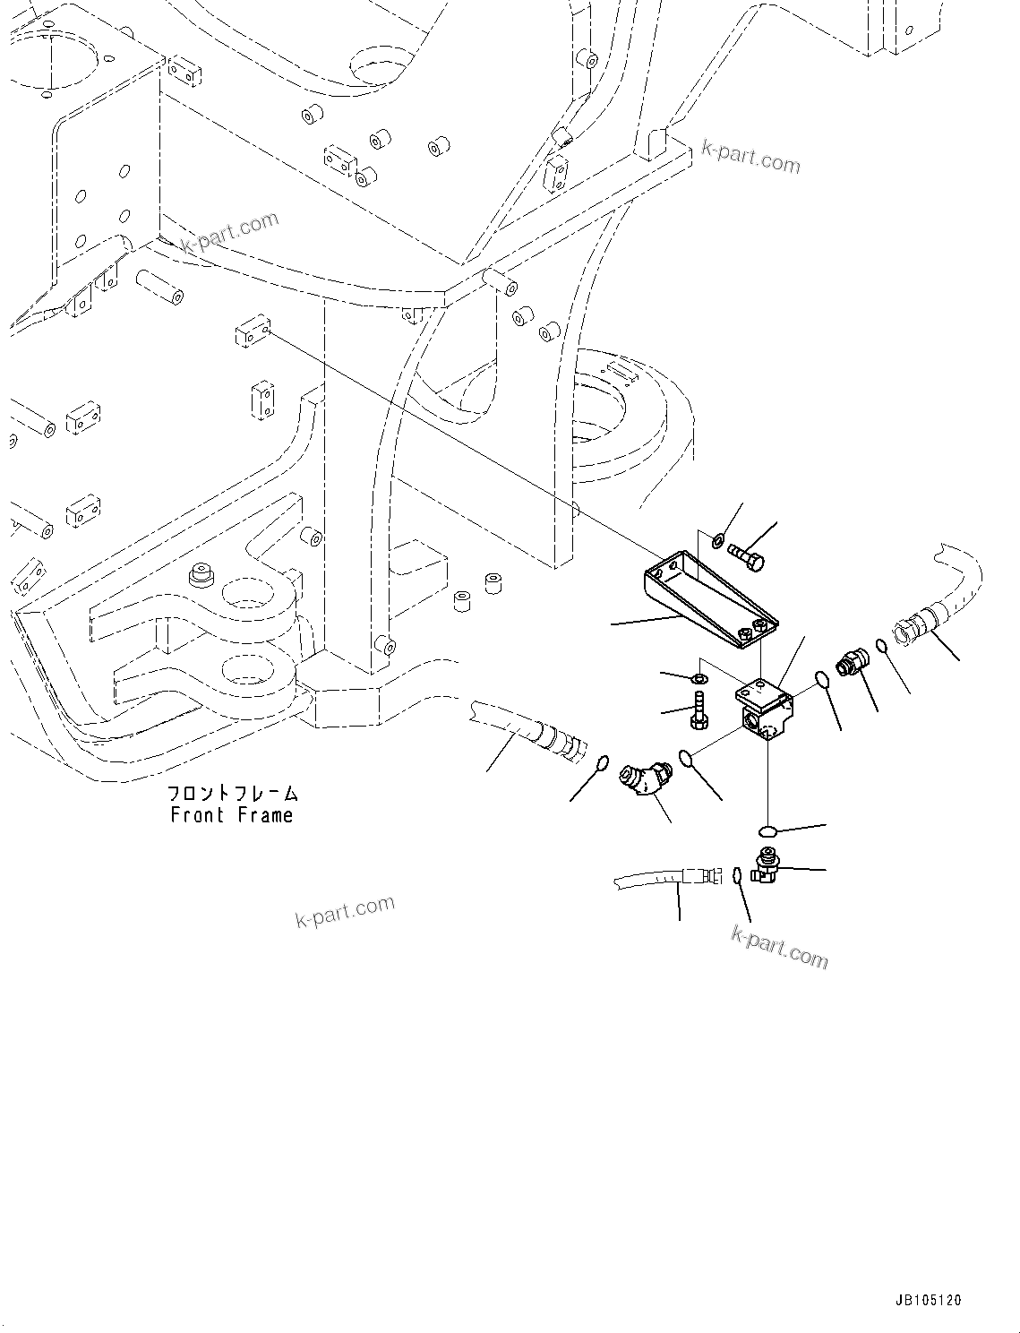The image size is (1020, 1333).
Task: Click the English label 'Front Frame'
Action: (x=231, y=815)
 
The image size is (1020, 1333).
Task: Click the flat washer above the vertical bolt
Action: (x=698, y=674)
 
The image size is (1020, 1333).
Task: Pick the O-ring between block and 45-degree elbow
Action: (x=689, y=759)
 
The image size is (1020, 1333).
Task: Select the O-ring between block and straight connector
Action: (x=824, y=680)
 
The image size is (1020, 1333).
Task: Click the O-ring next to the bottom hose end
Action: (x=735, y=875)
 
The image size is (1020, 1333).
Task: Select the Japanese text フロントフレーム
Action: (x=233, y=793)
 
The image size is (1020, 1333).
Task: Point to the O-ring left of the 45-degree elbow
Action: (x=603, y=763)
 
